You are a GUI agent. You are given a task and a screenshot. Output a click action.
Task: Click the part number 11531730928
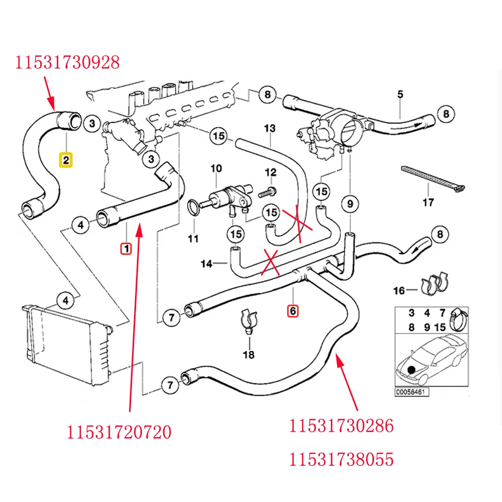(x=67, y=62)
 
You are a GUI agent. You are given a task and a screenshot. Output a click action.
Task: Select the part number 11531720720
(x=119, y=431)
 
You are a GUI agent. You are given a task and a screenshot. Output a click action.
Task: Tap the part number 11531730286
(x=341, y=426)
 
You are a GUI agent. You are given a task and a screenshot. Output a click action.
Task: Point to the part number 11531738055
(x=341, y=459)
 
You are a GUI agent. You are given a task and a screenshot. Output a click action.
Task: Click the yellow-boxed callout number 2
(x=66, y=160)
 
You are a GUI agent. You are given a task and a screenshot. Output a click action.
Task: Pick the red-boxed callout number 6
(x=293, y=311)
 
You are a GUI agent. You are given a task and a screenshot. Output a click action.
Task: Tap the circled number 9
(x=350, y=204)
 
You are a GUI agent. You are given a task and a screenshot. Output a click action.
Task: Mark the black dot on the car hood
(x=412, y=371)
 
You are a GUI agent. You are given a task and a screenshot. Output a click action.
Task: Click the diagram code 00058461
(x=411, y=392)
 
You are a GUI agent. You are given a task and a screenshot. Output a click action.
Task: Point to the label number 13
(x=270, y=129)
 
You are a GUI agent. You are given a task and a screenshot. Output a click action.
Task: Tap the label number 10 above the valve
(x=216, y=169)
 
